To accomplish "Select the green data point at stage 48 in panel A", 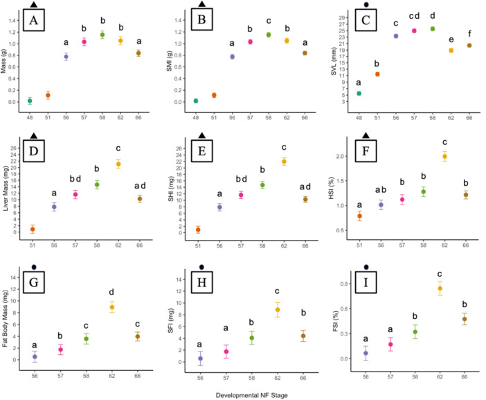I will pos(30,101).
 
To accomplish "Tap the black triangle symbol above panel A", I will pos(34,4).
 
